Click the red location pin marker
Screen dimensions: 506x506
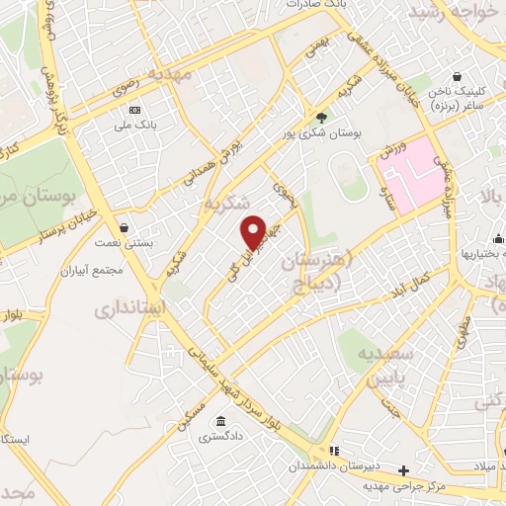(254, 232)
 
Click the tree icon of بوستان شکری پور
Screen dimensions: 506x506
(320, 117)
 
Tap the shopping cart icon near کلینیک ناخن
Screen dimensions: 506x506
(457, 76)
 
